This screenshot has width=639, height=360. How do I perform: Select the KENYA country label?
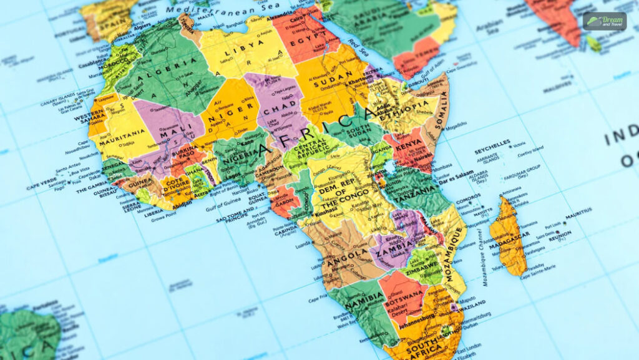(x=407, y=145)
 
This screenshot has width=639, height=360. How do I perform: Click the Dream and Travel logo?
(x=604, y=21)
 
